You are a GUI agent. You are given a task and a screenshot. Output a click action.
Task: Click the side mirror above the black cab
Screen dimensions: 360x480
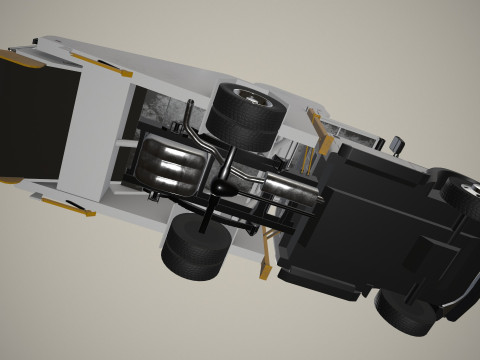[397, 144]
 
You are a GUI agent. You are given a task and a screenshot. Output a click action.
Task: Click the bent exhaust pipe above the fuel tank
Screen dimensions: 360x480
[195, 135]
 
